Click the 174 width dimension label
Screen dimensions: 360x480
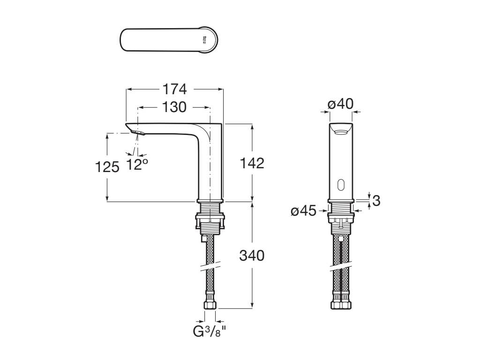click(174, 89)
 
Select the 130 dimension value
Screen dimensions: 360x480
click(174, 107)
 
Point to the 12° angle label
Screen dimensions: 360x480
click(137, 164)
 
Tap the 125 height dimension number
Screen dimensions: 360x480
click(107, 166)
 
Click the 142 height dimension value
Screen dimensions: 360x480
click(252, 163)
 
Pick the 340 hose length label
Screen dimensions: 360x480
click(252, 255)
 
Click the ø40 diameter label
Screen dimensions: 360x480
click(340, 104)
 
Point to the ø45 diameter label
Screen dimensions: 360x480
click(304, 211)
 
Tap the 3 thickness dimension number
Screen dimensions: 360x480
click(376, 201)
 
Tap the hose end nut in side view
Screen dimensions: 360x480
click(210, 305)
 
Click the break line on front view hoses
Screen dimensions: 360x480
click(340, 268)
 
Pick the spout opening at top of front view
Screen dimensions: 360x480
click(340, 130)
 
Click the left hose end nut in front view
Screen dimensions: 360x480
click(336, 305)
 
